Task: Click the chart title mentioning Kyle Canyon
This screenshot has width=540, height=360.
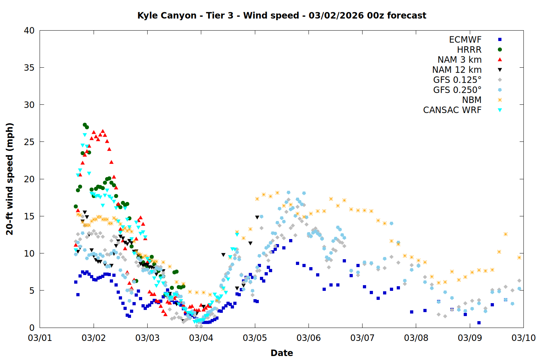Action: (282, 15)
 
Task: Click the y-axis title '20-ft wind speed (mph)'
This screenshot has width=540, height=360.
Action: (10, 179)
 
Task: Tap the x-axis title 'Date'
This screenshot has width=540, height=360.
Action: (282, 353)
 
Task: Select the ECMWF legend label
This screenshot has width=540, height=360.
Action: (465, 40)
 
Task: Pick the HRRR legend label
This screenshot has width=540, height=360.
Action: (469, 50)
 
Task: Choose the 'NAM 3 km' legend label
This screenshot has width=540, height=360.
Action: (459, 60)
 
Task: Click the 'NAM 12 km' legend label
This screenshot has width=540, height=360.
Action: (457, 70)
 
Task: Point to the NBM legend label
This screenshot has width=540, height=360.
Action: (472, 100)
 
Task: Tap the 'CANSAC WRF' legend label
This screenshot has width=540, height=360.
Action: (452, 110)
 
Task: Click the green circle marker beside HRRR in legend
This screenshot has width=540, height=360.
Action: (500, 50)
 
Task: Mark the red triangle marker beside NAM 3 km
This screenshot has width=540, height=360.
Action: (500, 60)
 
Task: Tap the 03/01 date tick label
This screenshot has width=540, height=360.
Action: (40, 338)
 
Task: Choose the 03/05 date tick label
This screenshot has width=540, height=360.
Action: (255, 338)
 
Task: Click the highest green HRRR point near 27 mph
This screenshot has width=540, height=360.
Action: (85, 125)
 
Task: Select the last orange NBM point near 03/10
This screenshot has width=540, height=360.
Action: (519, 257)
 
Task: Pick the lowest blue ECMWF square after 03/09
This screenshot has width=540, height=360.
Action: (479, 323)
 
